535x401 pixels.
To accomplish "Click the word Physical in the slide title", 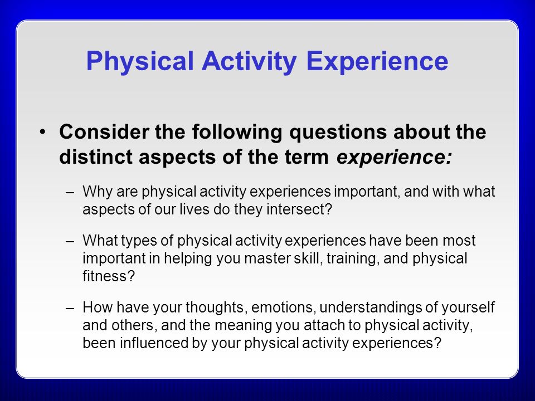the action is [140, 61].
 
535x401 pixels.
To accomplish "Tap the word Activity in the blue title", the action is [249, 61].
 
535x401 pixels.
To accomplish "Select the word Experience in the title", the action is [377, 61].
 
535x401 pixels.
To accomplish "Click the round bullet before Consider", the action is [42, 131].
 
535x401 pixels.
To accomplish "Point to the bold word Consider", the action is [104, 131].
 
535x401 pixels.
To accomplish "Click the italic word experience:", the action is [394, 158].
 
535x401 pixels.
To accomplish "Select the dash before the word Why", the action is [70, 193].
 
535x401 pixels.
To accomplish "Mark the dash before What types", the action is [70, 242].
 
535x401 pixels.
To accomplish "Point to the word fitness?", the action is [109, 276].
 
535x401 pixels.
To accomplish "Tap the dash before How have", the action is [70, 309].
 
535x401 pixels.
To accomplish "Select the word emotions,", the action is [282, 307].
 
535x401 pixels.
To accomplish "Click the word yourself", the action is [468, 308].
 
